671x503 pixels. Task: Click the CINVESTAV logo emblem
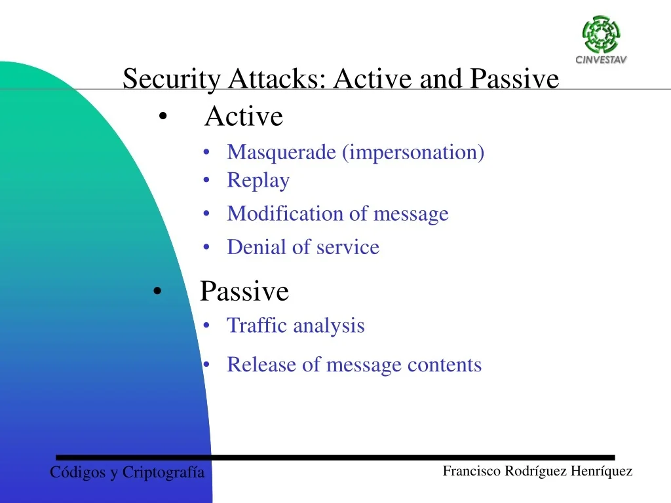point(601,35)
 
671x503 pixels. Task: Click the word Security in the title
point(172,79)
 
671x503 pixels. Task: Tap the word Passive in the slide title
point(515,79)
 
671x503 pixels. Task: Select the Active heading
point(244,117)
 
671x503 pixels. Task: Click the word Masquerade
point(281,153)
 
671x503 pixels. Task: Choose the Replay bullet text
point(258,181)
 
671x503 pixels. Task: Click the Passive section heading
point(244,291)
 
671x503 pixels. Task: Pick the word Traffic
point(257,326)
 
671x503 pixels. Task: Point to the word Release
point(261,365)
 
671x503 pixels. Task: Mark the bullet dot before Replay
point(207,181)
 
